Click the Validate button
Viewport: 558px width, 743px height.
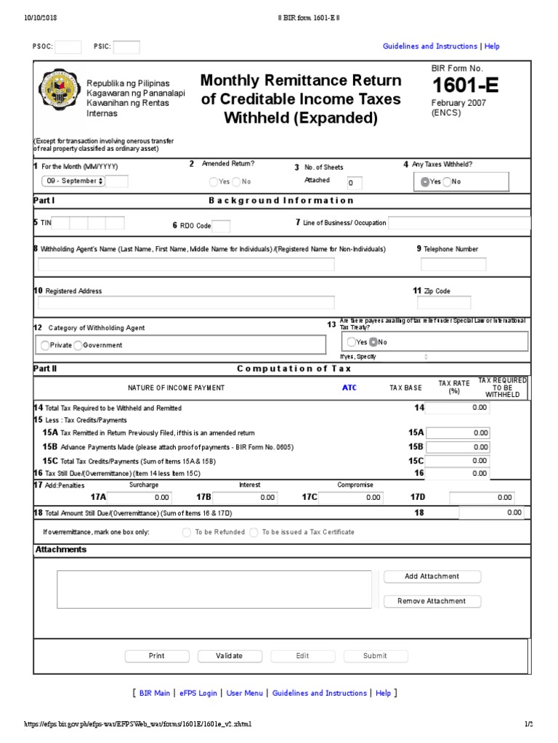230,656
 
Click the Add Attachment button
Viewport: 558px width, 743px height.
432,576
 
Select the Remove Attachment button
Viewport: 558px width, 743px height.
432,601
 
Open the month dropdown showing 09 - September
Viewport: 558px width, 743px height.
74,181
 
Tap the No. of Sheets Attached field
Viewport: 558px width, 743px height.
354,183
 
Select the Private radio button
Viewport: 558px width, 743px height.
45,345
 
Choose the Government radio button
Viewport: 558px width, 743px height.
78,345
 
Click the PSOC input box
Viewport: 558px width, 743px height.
68,47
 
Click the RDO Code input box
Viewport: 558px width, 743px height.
222,226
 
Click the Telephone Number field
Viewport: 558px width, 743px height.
453,264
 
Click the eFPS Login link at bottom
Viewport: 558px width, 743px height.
198,693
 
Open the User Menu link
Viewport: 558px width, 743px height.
245,693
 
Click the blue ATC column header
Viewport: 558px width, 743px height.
349,388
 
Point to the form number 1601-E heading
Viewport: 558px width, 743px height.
465,86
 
